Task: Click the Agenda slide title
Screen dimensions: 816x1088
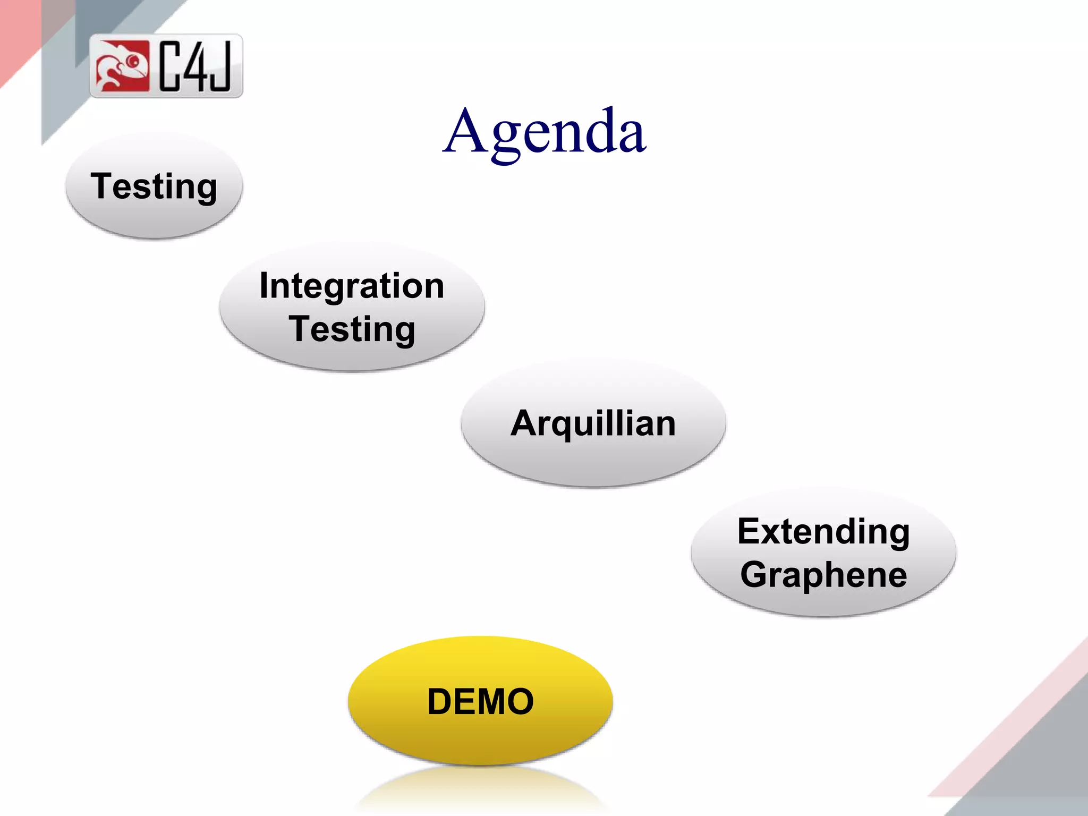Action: click(544, 132)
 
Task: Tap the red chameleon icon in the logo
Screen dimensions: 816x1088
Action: click(122, 66)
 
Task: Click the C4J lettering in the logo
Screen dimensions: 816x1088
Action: click(195, 66)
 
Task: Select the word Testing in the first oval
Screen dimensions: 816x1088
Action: click(154, 186)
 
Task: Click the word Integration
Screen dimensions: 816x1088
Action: click(352, 286)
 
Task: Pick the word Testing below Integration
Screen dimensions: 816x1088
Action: click(352, 329)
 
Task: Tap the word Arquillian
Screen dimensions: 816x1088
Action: click(593, 424)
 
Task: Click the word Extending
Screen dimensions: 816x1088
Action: click(823, 532)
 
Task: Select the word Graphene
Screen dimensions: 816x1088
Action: click(823, 575)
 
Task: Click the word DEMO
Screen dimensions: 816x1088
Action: click(480, 702)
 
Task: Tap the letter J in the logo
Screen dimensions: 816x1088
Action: click(221, 66)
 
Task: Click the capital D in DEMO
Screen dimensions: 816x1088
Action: click(441, 702)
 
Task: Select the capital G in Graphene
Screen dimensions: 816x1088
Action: click(755, 575)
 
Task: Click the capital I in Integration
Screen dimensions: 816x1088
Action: click(264, 286)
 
